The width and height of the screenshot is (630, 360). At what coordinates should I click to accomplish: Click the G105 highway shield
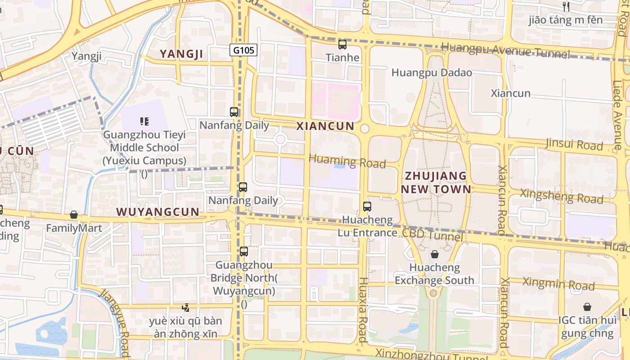coord(244,50)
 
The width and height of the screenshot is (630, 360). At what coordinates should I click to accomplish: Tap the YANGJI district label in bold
coord(182,54)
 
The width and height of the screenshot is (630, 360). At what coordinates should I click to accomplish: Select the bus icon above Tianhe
coord(342,45)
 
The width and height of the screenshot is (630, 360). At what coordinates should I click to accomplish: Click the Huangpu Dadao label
coord(432,72)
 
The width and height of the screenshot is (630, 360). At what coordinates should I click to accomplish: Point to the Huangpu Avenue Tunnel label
coord(505,50)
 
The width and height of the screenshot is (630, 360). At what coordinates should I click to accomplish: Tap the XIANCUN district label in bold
coord(325,126)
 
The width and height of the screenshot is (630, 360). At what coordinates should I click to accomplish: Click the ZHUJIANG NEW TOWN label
coord(436,182)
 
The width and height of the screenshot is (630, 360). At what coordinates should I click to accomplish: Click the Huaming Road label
coord(347,161)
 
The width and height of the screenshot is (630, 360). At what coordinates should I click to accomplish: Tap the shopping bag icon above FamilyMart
coord(74,215)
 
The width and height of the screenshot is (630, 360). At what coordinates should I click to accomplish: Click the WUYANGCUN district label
coord(157,212)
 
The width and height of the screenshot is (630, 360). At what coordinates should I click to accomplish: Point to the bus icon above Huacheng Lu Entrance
coord(367,207)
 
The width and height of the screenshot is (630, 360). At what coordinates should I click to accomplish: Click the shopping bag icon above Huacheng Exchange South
coord(434,254)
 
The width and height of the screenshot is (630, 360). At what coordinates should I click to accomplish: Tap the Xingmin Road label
coord(558,284)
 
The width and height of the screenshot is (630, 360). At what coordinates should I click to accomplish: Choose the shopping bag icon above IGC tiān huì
coord(587,307)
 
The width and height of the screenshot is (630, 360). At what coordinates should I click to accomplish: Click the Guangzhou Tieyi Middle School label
coord(144,148)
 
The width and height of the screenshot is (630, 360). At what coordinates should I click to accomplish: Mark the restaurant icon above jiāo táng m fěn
coord(566,6)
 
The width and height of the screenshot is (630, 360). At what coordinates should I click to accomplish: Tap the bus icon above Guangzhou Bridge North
coord(244,252)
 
